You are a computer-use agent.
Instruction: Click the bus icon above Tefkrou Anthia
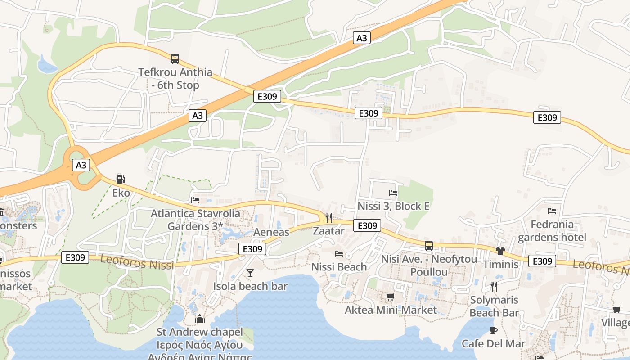click(175, 58)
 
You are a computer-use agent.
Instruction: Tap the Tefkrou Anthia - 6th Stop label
click(175, 78)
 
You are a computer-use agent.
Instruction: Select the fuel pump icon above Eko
click(121, 179)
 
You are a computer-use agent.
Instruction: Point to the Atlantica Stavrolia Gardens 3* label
click(195, 220)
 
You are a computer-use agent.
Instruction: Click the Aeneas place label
click(271, 232)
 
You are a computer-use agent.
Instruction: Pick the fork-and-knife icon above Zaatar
click(328, 218)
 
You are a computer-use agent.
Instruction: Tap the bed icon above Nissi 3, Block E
click(393, 193)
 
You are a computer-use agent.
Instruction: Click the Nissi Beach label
click(339, 267)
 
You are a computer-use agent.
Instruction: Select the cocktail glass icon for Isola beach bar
click(250, 273)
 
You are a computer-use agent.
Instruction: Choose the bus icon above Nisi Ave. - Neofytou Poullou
click(429, 246)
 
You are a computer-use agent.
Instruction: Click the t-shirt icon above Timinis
click(500, 251)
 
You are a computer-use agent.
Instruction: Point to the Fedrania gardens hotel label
click(552, 231)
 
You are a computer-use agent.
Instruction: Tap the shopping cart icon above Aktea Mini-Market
click(390, 297)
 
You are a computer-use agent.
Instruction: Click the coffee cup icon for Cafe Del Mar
click(494, 331)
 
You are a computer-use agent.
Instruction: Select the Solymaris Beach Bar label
click(494, 306)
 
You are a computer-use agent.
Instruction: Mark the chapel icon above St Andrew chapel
click(200, 319)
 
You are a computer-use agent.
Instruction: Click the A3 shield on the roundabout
click(81, 165)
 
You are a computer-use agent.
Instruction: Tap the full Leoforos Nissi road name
click(137, 262)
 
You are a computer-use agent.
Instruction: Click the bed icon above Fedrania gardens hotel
click(552, 211)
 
